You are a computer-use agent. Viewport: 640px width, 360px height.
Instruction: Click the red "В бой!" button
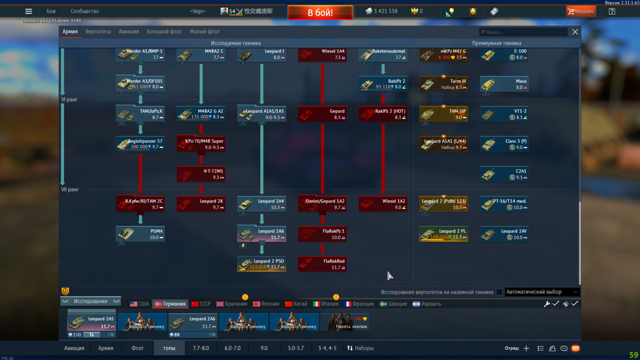[320, 12]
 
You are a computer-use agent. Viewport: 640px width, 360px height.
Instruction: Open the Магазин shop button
[581, 11]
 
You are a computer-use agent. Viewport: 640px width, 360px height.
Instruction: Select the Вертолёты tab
[98, 31]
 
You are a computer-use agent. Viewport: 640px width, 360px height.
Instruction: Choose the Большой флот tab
[164, 31]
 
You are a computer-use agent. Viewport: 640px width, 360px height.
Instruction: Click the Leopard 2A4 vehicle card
[261, 204]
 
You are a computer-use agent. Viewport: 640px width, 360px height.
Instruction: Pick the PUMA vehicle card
[140, 234]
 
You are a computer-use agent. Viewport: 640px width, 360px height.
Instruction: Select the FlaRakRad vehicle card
[322, 263]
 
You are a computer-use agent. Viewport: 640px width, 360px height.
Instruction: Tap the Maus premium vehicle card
[504, 84]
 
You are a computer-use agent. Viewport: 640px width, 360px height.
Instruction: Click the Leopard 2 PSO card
[261, 263]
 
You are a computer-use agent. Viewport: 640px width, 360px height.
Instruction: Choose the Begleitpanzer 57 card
[140, 143]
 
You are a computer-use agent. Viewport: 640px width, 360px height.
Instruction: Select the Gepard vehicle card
[322, 114]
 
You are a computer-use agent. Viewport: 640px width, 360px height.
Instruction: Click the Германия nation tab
[170, 304]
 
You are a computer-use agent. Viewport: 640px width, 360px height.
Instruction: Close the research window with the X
[575, 32]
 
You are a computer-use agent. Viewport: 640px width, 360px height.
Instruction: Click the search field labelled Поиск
[523, 32]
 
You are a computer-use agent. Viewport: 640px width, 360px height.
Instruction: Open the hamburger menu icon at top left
[29, 11]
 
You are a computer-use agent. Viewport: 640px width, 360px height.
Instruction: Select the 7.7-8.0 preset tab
[201, 348]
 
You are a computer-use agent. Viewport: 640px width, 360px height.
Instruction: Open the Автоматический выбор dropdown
[542, 292]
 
